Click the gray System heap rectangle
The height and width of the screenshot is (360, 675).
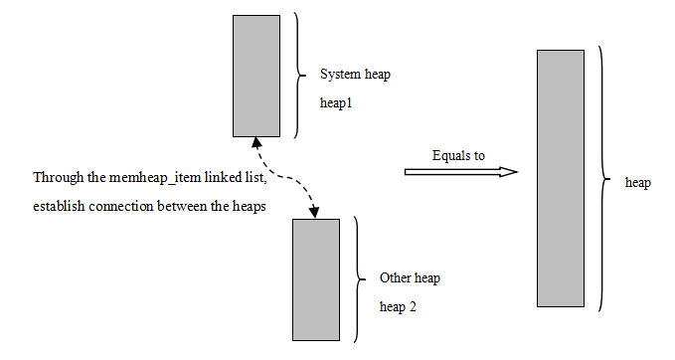pos(256,76)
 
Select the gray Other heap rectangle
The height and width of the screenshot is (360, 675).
pos(316,279)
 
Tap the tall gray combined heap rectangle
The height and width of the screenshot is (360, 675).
pos(560,179)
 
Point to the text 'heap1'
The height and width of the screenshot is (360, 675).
pos(337,102)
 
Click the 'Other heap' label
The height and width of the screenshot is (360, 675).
pos(410,278)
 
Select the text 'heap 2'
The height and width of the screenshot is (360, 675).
pos(399,307)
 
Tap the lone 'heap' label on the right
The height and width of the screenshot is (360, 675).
pos(637,184)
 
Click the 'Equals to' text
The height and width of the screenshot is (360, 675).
pos(458,155)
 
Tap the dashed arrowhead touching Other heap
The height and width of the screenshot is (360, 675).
pos(314,212)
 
